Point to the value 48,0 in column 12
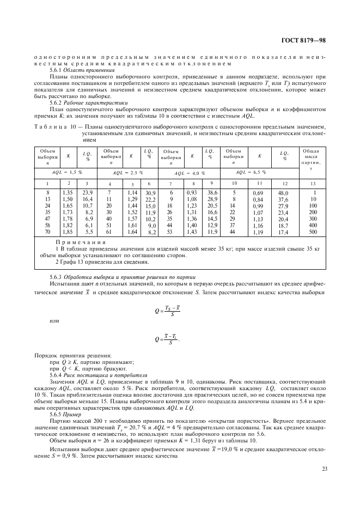[x=284, y=192]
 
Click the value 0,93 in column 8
[x=191, y=192]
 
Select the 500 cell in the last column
[x=314, y=233]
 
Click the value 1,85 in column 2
[x=69, y=233]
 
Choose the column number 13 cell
[x=314, y=184]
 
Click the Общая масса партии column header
[x=314, y=159]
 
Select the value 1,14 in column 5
[x=131, y=192]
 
